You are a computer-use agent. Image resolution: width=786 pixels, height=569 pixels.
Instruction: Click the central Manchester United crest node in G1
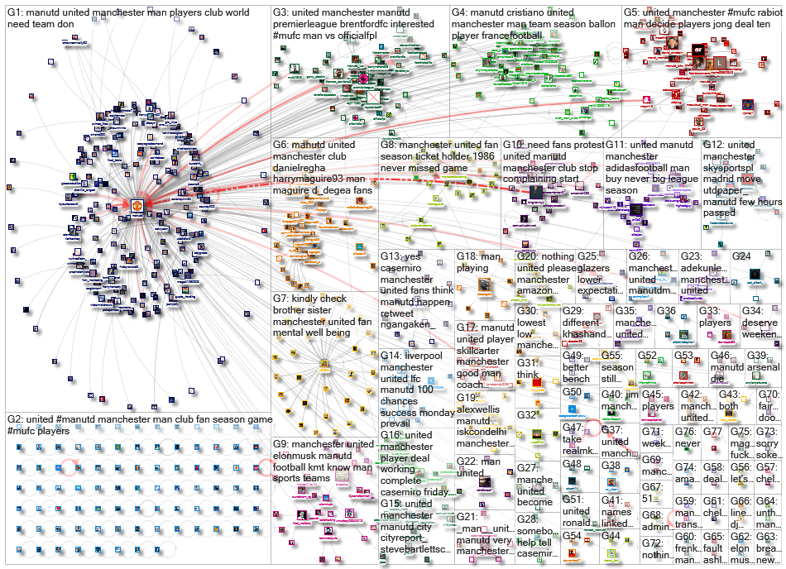[137, 204]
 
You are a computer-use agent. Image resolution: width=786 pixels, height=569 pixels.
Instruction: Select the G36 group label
[666, 311]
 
